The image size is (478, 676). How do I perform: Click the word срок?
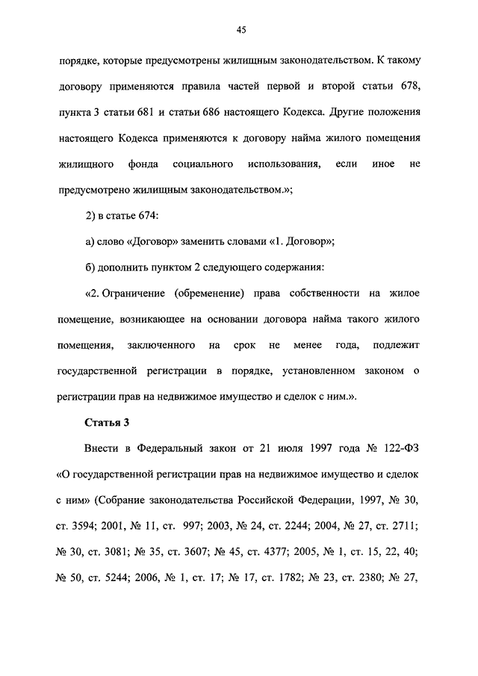pos(240,345)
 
